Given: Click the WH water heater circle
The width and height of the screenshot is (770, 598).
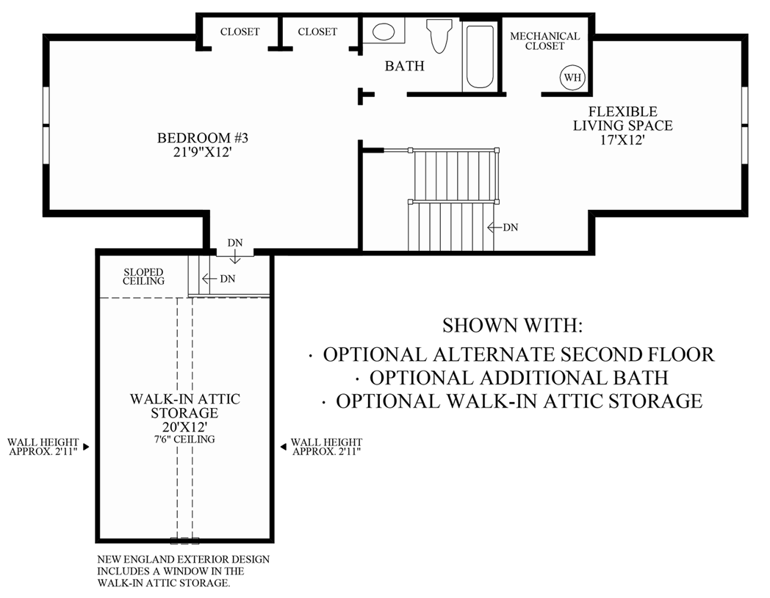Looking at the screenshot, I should (x=571, y=76).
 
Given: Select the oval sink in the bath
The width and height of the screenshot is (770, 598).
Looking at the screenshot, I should (x=383, y=32).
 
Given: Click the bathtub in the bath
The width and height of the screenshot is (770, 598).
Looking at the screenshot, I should (x=481, y=56).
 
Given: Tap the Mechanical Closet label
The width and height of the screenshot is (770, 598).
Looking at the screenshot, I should (x=544, y=41).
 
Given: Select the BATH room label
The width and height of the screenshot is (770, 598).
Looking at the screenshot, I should (x=405, y=66).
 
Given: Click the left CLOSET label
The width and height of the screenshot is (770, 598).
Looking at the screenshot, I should (x=240, y=32).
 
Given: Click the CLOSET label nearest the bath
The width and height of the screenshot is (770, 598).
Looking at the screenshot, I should (x=317, y=32).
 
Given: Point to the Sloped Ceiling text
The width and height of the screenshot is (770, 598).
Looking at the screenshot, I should (x=144, y=277).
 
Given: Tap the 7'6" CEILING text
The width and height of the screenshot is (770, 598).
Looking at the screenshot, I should (x=185, y=440).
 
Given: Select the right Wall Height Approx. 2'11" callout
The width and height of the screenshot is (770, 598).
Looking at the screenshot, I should (x=326, y=447).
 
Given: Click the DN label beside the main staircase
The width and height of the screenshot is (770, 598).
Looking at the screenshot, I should (x=509, y=227).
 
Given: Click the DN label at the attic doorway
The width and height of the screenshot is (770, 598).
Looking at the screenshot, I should (x=234, y=243).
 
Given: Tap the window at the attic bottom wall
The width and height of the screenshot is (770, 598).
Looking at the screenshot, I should (x=184, y=541).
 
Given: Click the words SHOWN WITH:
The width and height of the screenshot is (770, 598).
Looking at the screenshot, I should (x=511, y=325).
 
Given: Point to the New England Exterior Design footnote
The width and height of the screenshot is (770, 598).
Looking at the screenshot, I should (x=183, y=571).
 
